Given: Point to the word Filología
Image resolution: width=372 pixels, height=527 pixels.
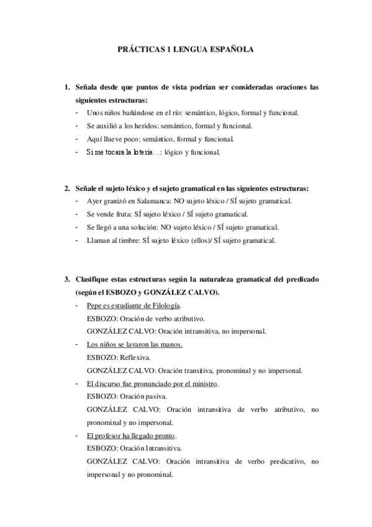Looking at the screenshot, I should tap(165, 306).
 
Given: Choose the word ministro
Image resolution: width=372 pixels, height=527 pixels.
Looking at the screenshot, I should tap(202, 384).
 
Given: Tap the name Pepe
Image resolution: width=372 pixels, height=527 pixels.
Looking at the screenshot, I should tap(94, 306).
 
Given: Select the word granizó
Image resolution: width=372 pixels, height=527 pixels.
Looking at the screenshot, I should tap(116, 201).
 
